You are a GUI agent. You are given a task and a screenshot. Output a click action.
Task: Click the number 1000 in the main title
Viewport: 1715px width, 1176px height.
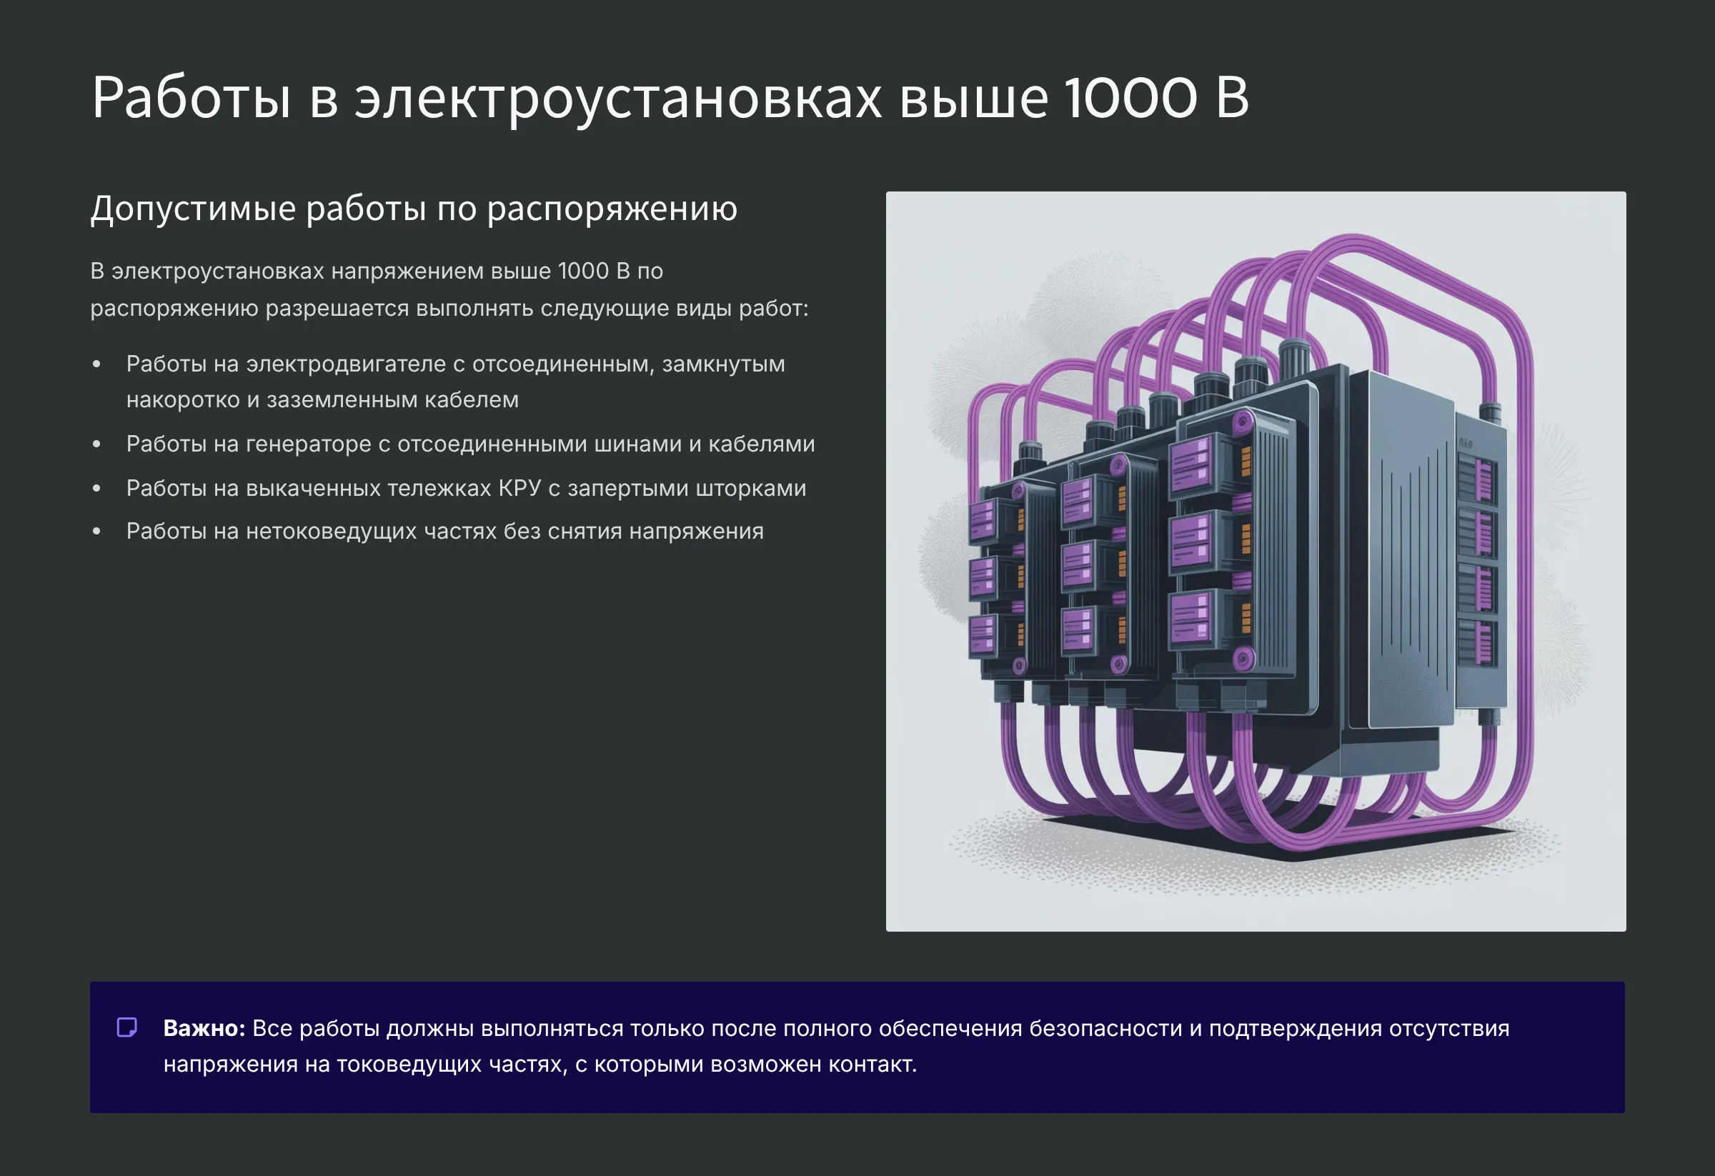pyautogui.click(x=1130, y=97)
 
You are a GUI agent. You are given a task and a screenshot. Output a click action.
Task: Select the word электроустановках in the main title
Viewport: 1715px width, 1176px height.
pyautogui.click(x=617, y=97)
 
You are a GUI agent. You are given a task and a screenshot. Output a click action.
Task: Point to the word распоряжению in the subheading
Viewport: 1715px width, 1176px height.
pyautogui.click(x=612, y=209)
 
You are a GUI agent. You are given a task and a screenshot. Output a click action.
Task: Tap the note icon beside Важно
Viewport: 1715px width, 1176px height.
pyautogui.click(x=127, y=1027)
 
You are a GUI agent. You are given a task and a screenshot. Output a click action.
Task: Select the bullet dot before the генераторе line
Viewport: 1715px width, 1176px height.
pyautogui.click(x=96, y=444)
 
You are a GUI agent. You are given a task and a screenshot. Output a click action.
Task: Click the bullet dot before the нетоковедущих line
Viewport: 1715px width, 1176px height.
pyautogui.click(x=96, y=531)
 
